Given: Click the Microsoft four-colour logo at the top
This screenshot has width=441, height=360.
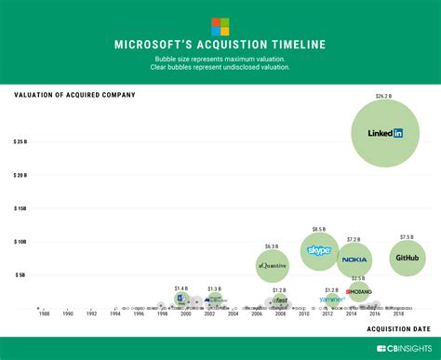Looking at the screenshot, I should [220, 26].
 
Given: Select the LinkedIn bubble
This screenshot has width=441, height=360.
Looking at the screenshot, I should [384, 133].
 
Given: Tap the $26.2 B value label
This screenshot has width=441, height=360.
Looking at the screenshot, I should [384, 96].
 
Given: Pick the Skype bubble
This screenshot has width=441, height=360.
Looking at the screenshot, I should [319, 251].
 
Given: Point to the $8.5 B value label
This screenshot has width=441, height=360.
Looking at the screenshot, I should [319, 229].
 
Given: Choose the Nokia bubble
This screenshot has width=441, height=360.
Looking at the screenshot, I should [354, 260].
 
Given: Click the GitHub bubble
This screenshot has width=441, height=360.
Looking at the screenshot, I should [407, 258].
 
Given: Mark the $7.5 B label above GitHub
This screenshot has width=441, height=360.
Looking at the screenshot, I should [407, 236].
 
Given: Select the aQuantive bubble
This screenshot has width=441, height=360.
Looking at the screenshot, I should [272, 266].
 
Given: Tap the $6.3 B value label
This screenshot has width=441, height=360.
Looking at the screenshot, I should [272, 247].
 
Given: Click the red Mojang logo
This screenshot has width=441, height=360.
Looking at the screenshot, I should [359, 292].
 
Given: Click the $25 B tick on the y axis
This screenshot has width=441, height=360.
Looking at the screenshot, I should [20, 142].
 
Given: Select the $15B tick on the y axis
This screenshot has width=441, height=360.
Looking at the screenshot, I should [20, 208].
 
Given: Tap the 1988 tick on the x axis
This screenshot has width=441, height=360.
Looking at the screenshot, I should [44, 314].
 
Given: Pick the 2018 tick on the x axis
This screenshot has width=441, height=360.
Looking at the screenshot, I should [398, 314].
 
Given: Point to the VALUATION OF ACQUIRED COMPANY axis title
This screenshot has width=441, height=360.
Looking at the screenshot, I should [74, 95].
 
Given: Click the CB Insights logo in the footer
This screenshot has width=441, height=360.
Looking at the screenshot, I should [404, 349].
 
